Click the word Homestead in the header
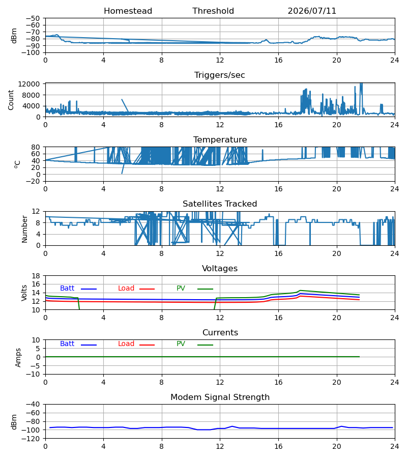(x=128, y=11)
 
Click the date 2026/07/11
(x=312, y=11)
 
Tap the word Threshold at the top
(x=213, y=11)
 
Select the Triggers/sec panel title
(x=220, y=75)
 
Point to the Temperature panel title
(x=220, y=139)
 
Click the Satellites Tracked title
(x=220, y=204)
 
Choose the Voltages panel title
(x=220, y=268)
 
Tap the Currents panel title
(x=220, y=333)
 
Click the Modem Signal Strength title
(x=220, y=397)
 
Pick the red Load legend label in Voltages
(x=126, y=289)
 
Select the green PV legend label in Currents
(x=181, y=344)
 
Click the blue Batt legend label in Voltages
(x=67, y=289)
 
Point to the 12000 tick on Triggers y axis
(x=29, y=84)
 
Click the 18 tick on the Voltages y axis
(x=36, y=276)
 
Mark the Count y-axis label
(x=11, y=100)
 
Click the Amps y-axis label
(x=18, y=358)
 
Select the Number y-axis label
(x=24, y=230)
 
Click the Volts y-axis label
(x=24, y=293)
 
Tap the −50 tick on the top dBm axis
(x=33, y=18)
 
